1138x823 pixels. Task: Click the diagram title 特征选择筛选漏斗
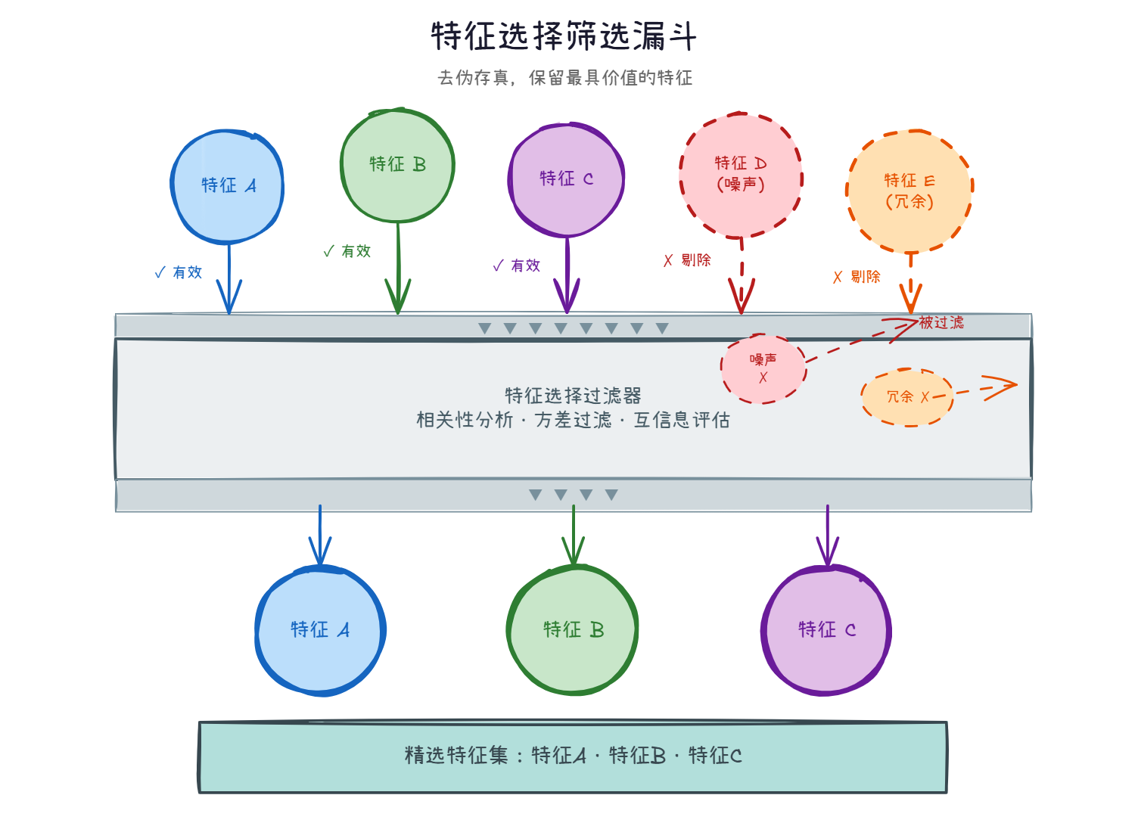[x=564, y=36]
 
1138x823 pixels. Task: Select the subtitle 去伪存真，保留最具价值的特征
[x=565, y=78]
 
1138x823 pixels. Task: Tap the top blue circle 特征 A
[x=228, y=186]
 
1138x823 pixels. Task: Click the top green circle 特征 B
[x=397, y=165]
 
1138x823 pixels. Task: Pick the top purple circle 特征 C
[x=566, y=179]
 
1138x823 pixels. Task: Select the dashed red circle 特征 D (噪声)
[x=741, y=175]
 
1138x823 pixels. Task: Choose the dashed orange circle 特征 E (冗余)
[x=909, y=191]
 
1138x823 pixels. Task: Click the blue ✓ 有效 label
[x=179, y=272]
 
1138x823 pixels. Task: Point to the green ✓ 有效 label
[x=347, y=251]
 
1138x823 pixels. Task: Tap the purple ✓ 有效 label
[x=517, y=266]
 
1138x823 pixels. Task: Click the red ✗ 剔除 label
[x=687, y=260]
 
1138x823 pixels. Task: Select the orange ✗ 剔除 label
[x=857, y=277]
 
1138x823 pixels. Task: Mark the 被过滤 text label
[x=941, y=323]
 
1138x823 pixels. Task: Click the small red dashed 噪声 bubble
[x=763, y=368]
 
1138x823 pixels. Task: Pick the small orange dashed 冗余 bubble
[x=906, y=397]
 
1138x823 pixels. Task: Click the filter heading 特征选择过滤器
[x=573, y=396]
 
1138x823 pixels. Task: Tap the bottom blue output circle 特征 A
[x=320, y=630]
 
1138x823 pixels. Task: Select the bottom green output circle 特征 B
[x=573, y=630]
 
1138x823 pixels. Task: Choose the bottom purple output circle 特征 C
[x=826, y=630]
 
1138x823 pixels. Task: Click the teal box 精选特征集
[x=573, y=756]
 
